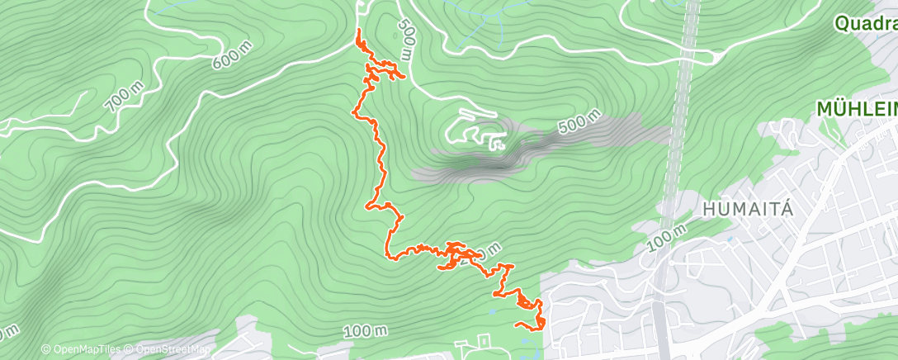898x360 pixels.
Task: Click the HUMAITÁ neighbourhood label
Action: pos(749,209)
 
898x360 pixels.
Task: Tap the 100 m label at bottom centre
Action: pos(365,330)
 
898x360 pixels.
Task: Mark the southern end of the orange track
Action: pos(518,324)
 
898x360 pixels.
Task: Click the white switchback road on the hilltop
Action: pos(474,130)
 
